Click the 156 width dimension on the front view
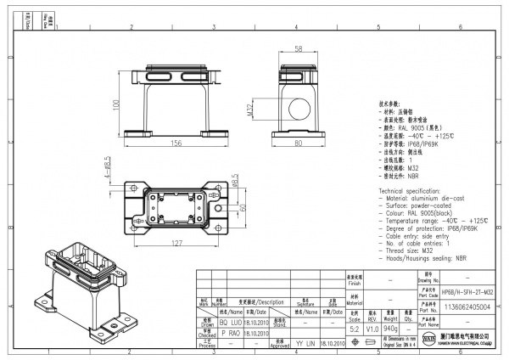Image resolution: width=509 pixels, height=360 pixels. pyautogui.click(x=175, y=143)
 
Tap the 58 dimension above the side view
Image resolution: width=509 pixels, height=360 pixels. pyautogui.click(x=299, y=49)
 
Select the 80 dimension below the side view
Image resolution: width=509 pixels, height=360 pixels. pyautogui.click(x=299, y=143)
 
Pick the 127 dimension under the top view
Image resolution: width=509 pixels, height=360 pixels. pyautogui.click(x=176, y=245)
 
